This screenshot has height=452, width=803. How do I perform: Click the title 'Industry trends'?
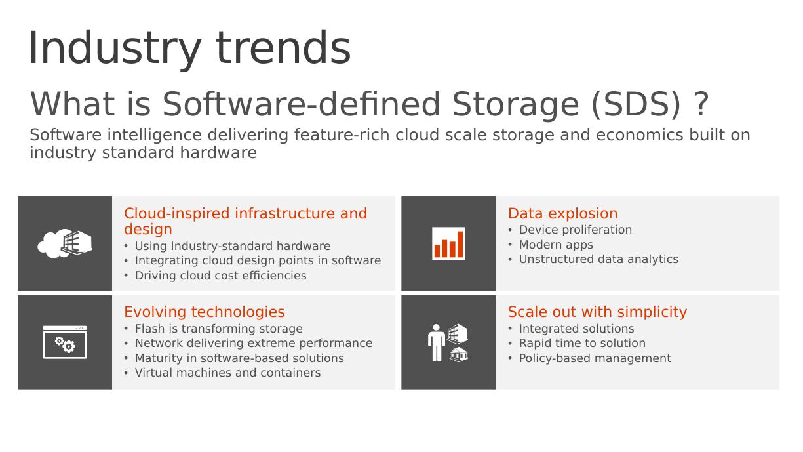(189, 49)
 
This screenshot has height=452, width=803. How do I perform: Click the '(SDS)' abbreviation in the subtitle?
(636, 104)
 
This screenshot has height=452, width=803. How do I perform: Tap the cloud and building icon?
(65, 243)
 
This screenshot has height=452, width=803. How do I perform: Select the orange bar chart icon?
(448, 243)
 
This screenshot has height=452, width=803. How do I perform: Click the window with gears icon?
(65, 342)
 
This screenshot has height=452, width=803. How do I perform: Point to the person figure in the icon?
(437, 343)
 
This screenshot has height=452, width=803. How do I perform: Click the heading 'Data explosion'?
(563, 213)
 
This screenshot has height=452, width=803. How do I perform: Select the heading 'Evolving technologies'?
(205, 312)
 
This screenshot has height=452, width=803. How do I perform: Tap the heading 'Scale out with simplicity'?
(597, 312)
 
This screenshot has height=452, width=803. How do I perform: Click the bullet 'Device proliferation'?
(576, 230)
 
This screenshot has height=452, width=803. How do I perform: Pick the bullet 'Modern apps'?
(556, 245)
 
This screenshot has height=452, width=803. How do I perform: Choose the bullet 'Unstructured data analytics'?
(598, 259)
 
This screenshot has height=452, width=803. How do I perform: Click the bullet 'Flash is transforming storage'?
(219, 329)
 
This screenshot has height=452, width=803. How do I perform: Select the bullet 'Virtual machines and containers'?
(227, 373)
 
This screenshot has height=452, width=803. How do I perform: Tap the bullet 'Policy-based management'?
(595, 358)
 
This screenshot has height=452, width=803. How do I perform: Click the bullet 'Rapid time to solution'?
(582, 343)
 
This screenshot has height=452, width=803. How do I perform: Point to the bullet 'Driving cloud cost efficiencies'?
(220, 276)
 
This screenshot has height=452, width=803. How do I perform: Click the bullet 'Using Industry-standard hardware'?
(233, 246)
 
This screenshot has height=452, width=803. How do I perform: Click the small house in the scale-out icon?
(458, 354)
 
